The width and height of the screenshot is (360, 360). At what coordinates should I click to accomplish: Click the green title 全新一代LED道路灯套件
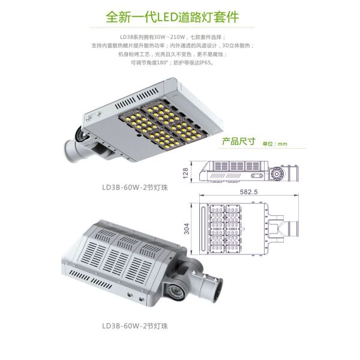(179, 16)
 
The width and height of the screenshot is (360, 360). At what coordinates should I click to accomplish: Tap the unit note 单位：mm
(276, 144)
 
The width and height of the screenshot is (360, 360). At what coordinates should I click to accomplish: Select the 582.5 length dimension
(247, 192)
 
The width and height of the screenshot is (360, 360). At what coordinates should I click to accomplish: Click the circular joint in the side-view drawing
(277, 173)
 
